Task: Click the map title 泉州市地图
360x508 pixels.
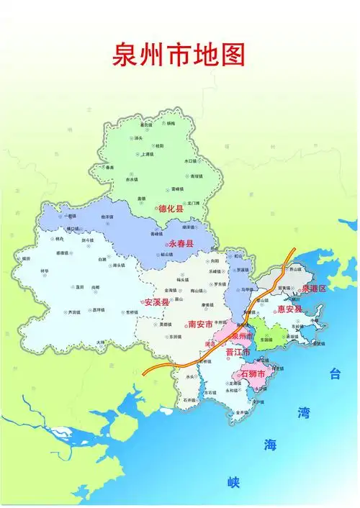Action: tap(179, 55)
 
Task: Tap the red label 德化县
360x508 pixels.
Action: tap(170, 209)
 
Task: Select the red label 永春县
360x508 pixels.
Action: tap(181, 245)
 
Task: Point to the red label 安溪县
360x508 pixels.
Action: tap(156, 302)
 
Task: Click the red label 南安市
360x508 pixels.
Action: tap(199, 325)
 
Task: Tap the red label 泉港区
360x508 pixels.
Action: tap(314, 289)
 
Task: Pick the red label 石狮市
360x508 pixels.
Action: tap(253, 375)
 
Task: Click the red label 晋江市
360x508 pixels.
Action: tap(237, 353)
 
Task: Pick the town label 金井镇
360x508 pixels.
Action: tap(241, 412)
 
